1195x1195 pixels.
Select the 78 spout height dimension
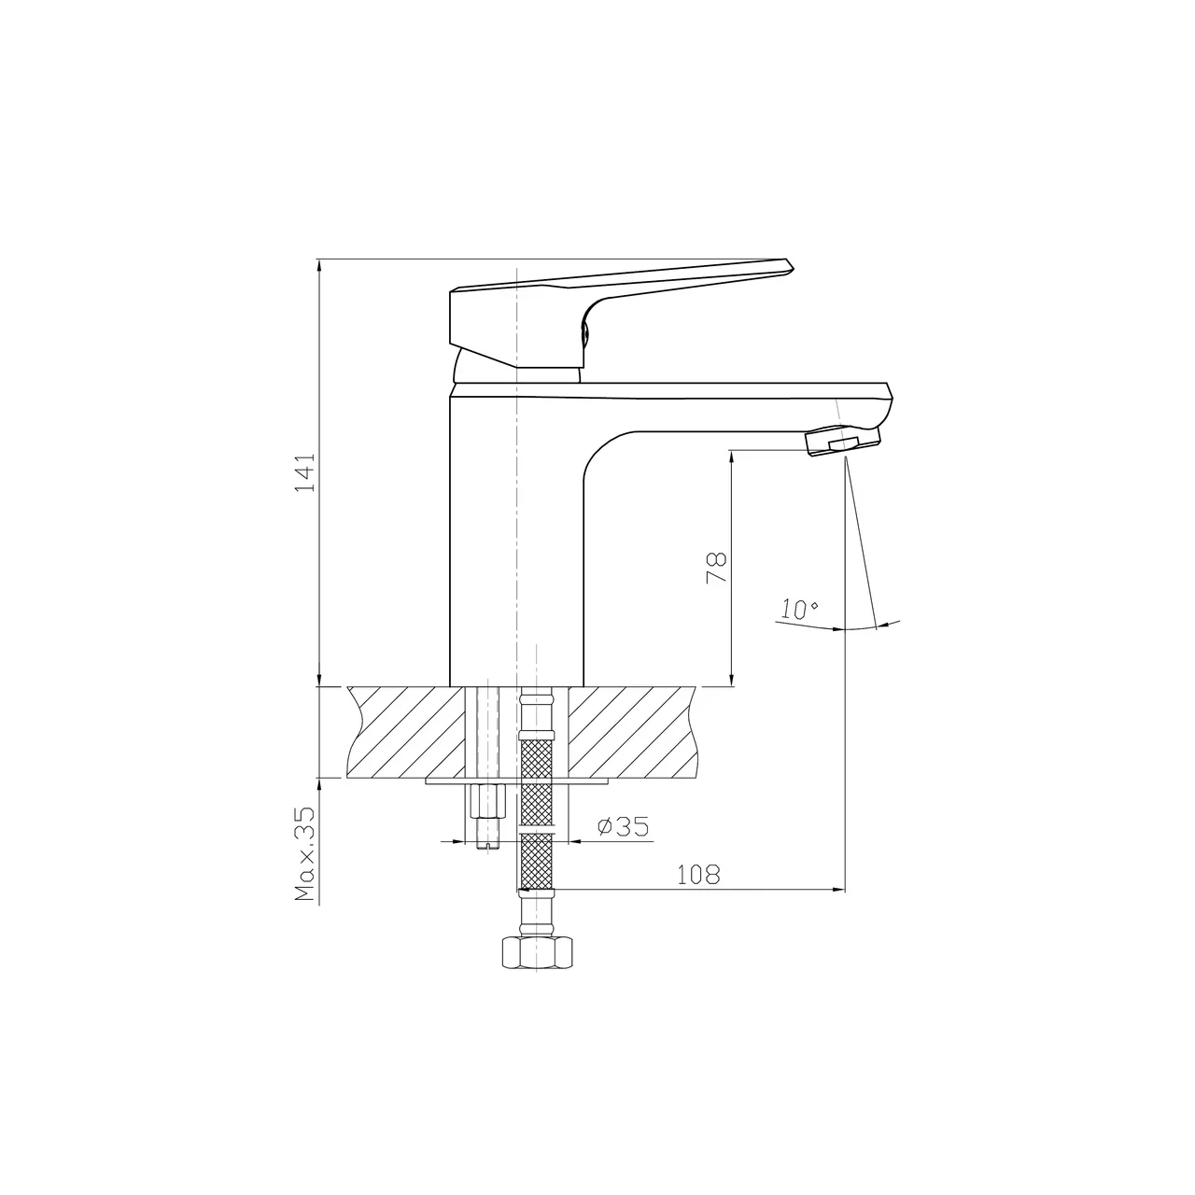[716, 568]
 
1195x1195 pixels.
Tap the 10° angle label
[800, 610]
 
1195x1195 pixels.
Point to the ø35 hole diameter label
[623, 827]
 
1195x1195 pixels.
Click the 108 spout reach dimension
[698, 875]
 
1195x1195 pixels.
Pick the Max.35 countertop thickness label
[305, 853]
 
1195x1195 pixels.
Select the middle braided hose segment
[535, 804]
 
